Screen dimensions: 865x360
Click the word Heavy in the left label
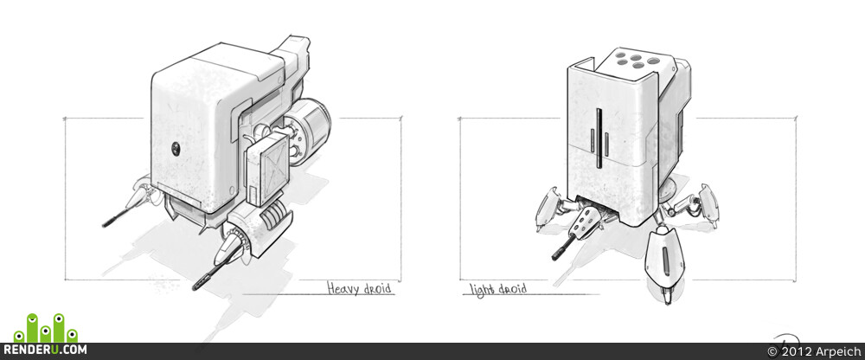coord(344,288)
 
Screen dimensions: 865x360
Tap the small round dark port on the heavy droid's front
coord(176,147)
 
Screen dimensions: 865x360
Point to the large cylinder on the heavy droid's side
coord(310,132)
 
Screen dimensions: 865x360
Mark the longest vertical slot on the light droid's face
coord(598,138)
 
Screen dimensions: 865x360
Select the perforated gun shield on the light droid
coord(584,223)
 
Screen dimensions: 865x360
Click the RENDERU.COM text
coord(44,350)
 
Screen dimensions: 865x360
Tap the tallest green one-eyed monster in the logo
coord(33,327)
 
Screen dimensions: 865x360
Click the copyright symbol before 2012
coord(772,351)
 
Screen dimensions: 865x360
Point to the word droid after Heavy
coord(378,289)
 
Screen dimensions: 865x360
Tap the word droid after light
coord(511,289)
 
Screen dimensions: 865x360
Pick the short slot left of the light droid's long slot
coord(593,140)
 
